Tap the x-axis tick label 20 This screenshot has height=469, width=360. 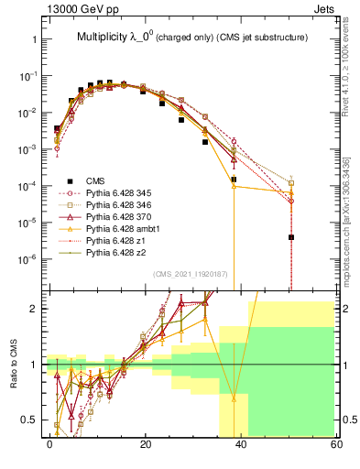[x=146, y=443]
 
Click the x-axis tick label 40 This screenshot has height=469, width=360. [x=241, y=443]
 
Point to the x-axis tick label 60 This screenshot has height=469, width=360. [x=336, y=443]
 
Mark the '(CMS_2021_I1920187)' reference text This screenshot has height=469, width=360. [x=189, y=274]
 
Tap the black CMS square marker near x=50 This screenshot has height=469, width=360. [x=291, y=237]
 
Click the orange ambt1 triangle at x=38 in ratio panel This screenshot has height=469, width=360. [x=234, y=398]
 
